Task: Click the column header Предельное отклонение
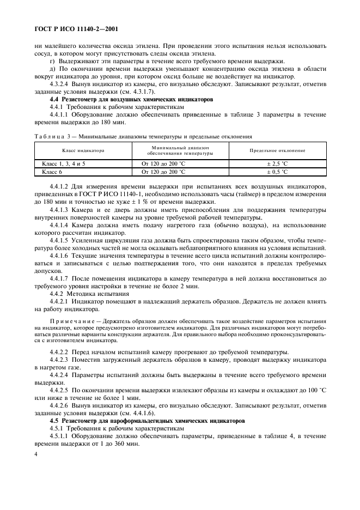coord(277,150)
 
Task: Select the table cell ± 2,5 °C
coord(277,163)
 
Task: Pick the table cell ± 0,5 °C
coord(277,172)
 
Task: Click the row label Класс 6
coord(52,172)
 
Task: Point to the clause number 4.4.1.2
coord(60,186)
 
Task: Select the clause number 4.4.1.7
coord(60,278)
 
